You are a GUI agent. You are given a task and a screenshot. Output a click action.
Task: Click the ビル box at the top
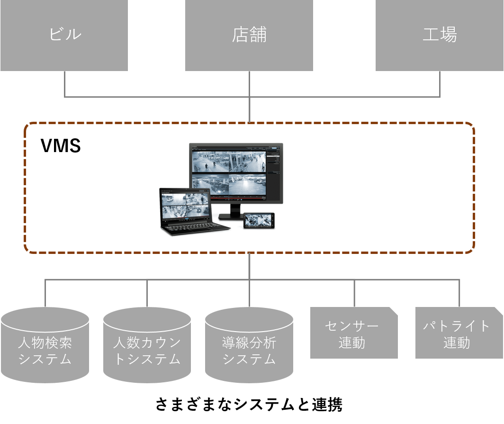64,35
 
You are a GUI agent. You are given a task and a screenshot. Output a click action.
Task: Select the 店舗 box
249,35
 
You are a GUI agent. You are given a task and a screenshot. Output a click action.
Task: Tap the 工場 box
440,35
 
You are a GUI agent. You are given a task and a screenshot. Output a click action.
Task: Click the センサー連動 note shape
353,334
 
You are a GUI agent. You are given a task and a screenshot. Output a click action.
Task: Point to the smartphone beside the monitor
259,220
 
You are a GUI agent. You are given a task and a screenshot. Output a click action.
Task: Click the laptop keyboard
194,227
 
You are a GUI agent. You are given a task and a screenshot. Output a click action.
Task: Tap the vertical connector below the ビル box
64,84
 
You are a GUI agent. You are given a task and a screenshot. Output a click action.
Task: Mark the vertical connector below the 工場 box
440,84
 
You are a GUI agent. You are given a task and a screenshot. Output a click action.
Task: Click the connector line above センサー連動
354,292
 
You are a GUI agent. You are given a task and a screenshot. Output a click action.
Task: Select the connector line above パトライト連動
459,292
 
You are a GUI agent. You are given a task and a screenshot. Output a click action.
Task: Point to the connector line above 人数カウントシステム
147,293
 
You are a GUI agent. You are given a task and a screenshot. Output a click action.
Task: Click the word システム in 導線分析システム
249,360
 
